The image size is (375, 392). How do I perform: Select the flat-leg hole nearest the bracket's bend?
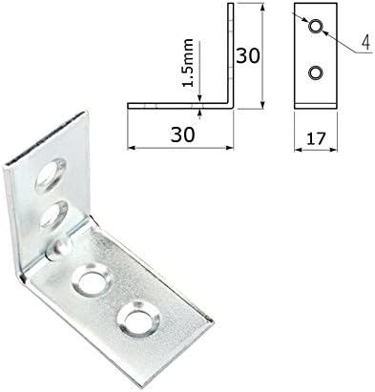tap(93, 281)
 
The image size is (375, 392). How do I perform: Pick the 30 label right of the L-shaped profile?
tap(248, 55)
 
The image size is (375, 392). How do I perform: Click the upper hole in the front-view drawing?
tap(315, 26)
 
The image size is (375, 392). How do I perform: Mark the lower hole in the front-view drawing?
tap(315, 73)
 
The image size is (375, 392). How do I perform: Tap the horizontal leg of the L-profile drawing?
tap(181, 102)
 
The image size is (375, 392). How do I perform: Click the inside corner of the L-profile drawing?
tap(224, 99)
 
